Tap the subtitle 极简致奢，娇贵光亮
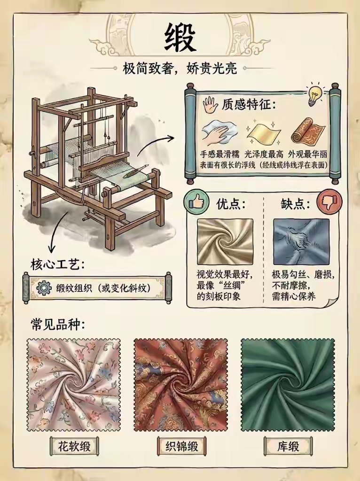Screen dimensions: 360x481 click(180, 69)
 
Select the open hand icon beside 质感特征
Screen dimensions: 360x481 click(211, 105)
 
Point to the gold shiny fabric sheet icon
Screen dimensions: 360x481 click(264, 133)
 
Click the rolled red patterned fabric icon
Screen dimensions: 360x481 click(308, 132)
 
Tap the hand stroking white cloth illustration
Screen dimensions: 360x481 click(219, 133)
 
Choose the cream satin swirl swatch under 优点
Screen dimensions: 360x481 click(225, 242)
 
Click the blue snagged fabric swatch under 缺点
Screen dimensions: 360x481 click(301, 242)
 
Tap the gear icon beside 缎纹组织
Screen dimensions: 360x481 click(44, 288)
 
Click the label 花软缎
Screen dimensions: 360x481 click(74, 446)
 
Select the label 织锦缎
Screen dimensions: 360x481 click(182, 446)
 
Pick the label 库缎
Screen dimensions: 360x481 click(288, 446)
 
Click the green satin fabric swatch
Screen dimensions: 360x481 click(288, 385)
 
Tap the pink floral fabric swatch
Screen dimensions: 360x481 click(74, 385)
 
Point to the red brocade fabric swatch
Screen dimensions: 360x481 click(181, 385)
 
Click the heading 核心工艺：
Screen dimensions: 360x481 click(57, 264)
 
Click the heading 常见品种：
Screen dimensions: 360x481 click(57, 324)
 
